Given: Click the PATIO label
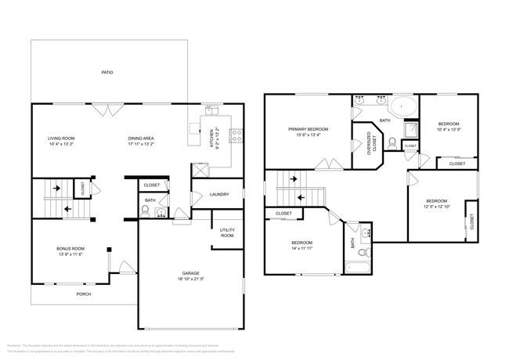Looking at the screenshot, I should tap(107, 72).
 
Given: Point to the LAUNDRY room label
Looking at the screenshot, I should tap(219, 195).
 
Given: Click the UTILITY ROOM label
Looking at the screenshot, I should tap(227, 232).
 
